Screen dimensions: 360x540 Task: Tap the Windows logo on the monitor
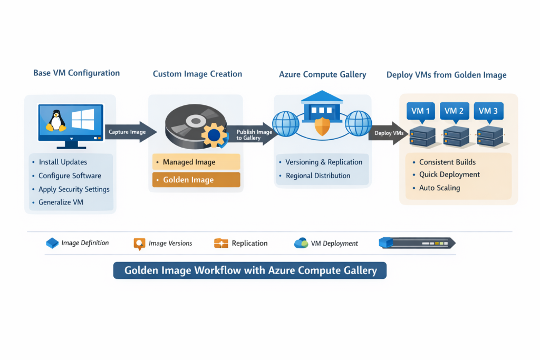[83, 119]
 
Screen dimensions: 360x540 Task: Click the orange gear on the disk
[214, 135]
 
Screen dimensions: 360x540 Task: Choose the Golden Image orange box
[196, 180]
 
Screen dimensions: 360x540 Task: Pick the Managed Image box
[196, 162]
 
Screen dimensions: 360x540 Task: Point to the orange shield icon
[322, 127]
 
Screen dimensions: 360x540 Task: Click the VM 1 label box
[420, 111]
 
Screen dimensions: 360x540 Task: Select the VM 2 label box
[454, 111]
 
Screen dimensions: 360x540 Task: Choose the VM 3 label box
[488, 111]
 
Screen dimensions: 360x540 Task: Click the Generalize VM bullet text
[61, 202]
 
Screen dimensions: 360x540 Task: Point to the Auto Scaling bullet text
[439, 188]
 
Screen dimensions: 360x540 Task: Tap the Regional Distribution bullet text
[318, 176]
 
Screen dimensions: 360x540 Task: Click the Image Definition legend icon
[52, 243]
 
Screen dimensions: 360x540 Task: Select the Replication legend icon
[221, 243]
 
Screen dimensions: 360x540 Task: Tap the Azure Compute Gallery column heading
[322, 74]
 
